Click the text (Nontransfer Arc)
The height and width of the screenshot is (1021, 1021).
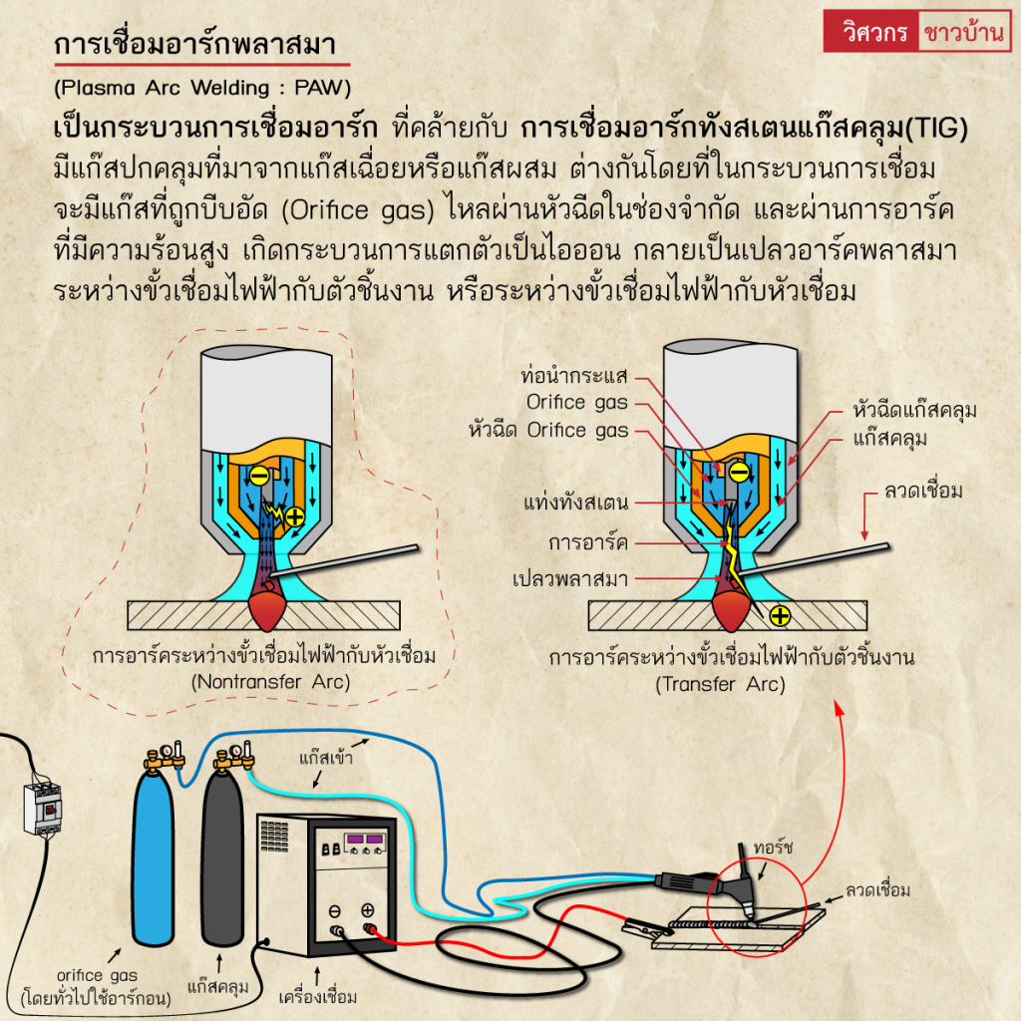click(x=264, y=682)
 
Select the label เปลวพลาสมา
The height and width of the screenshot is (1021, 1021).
click(x=567, y=576)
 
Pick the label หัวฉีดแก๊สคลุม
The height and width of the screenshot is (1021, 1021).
click(x=914, y=410)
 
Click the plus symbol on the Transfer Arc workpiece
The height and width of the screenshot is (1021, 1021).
click(x=780, y=616)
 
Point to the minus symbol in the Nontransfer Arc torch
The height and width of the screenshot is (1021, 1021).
click(x=258, y=477)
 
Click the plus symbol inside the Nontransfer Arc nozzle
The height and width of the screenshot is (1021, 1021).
click(x=295, y=515)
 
